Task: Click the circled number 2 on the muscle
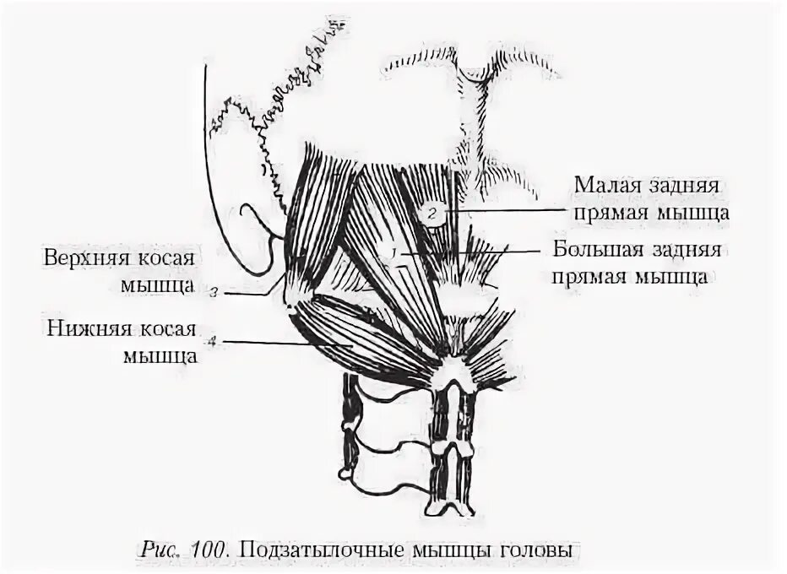431,213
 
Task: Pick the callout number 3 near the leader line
215,294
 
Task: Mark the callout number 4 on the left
214,341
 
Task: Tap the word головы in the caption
541,550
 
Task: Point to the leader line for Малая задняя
507,209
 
